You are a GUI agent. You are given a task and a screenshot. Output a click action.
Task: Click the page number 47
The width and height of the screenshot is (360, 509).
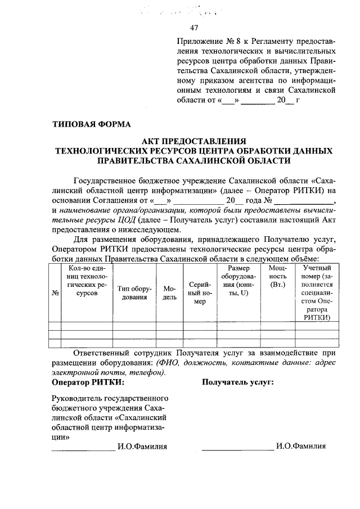pos(194,28)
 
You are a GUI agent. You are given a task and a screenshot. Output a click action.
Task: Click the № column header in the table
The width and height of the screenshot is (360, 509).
pos(55,292)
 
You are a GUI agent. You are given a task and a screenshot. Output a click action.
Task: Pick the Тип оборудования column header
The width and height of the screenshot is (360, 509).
pos(134,292)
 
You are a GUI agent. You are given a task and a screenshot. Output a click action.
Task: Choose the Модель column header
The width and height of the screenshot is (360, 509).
pos(169,292)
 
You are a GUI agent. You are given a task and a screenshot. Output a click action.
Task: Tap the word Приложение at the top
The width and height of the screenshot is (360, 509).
pos(197,41)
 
